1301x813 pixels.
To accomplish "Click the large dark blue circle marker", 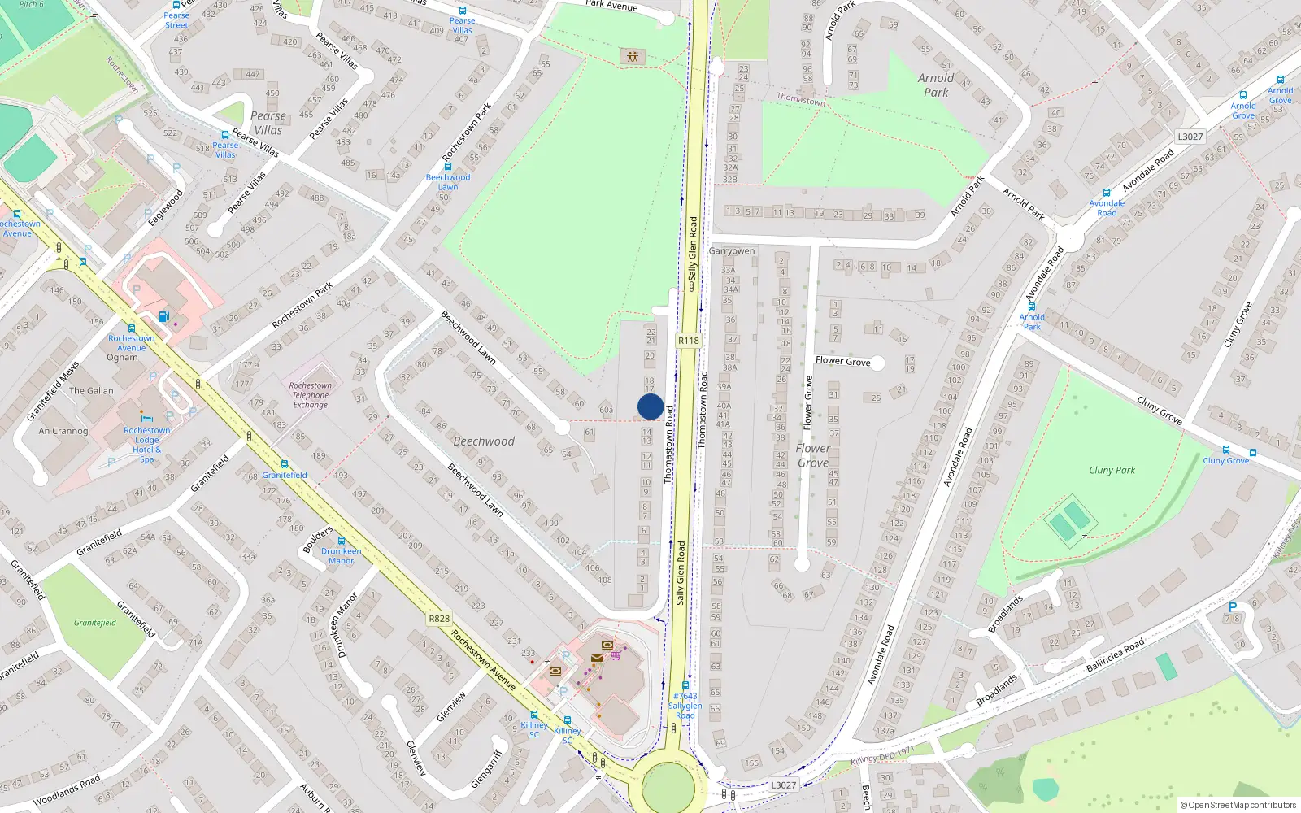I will pos(650,406).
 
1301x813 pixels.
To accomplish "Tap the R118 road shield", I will pos(688,341).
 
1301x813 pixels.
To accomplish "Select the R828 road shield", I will pos(439,619).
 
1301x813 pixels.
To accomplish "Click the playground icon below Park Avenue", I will pos(632,56).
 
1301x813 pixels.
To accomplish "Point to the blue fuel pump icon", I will pos(163,316).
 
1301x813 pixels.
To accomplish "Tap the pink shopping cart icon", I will pos(616,654).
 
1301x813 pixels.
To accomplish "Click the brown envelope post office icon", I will pos(597,658).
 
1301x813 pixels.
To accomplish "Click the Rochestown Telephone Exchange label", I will pos(311,395).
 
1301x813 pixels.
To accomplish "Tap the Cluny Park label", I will pos(1112,470).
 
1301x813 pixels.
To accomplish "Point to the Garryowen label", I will pos(731,251).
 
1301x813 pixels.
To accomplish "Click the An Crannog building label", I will pos(63,431).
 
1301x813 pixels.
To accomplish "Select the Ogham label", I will pos(122,357).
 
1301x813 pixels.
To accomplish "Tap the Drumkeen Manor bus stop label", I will pos(342,555).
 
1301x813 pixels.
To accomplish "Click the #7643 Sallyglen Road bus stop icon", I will pos(685,685).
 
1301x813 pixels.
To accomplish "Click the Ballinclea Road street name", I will pos(1115,655).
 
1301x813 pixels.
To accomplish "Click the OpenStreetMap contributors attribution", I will pos(1238,805).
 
